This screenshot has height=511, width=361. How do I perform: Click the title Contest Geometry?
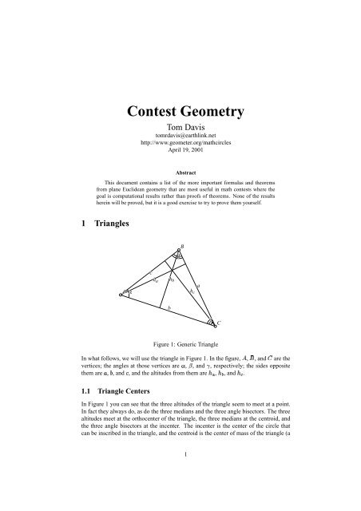[x=180, y=110]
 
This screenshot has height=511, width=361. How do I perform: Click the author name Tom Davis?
[x=180, y=127]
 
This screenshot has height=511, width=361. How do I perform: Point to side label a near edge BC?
[x=198, y=285]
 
